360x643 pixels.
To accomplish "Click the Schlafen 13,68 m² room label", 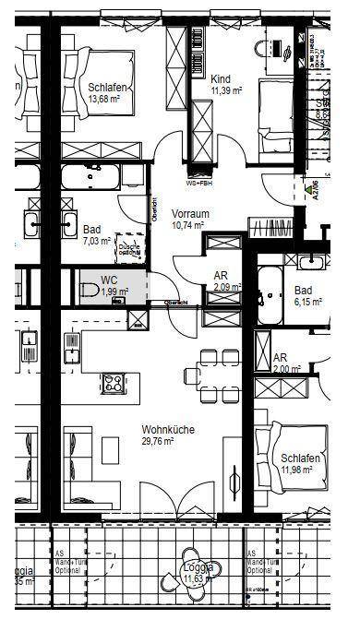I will [x=107, y=93].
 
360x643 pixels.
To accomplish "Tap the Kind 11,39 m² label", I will [x=225, y=85].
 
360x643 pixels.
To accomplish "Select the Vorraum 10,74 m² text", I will [x=191, y=219].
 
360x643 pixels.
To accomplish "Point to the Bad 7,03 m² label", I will [x=95, y=235].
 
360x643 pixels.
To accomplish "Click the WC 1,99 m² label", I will [x=113, y=286].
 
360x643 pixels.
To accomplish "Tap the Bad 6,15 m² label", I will [x=306, y=295].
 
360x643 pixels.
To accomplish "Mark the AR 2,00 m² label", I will [x=286, y=363].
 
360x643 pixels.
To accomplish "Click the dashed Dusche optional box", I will [x=128, y=246].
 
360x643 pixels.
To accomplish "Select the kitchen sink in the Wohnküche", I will [x=72, y=348].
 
